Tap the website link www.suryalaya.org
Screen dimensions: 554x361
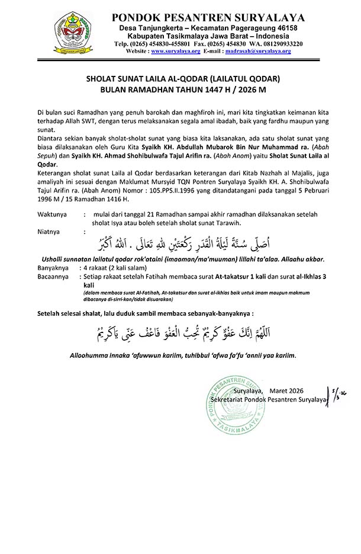172,52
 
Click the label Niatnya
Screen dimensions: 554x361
49,232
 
